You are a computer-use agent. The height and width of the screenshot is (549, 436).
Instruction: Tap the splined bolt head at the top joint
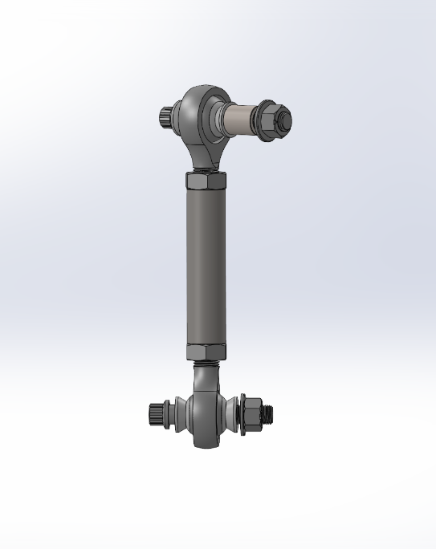click(x=167, y=118)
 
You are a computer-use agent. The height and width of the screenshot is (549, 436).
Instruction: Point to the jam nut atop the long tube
click(x=206, y=181)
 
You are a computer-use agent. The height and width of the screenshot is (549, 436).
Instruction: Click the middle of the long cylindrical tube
click(x=206, y=265)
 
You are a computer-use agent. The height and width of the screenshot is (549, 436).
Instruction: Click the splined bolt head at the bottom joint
click(x=156, y=414)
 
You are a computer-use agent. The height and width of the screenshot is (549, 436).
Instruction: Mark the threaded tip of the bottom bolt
click(x=271, y=414)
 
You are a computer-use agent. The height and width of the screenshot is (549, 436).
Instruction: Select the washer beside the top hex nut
click(x=259, y=120)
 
